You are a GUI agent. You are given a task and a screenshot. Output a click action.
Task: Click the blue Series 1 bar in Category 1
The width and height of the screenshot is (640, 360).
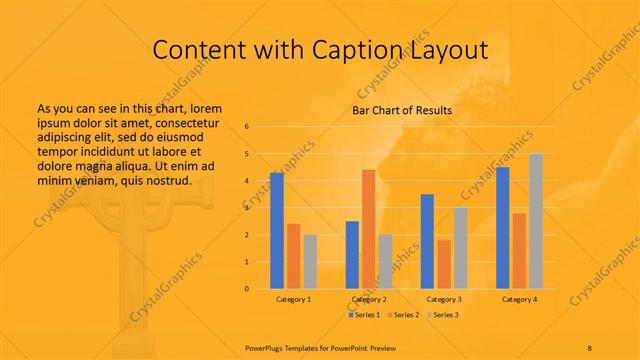tap(277, 230)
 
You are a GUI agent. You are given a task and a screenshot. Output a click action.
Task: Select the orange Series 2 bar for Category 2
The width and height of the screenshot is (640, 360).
tap(368, 229)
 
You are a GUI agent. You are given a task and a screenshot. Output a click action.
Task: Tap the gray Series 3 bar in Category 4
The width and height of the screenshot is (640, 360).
tap(536, 221)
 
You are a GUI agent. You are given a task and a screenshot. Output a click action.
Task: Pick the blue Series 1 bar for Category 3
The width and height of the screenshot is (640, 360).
tap(427, 241)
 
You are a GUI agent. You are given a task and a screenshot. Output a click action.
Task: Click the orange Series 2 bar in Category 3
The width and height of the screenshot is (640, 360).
tap(444, 264)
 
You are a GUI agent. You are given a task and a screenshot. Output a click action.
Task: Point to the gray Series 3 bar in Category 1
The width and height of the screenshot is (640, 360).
tap(310, 261)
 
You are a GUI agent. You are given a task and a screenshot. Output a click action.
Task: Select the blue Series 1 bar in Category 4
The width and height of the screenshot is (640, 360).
tap(502, 228)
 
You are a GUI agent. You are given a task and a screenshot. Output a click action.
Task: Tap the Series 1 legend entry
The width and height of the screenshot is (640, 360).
tap(364, 315)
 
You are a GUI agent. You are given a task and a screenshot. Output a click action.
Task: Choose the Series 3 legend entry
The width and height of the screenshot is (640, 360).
tap(442, 315)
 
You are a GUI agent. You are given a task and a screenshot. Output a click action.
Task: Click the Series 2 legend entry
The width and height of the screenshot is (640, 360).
tap(403, 315)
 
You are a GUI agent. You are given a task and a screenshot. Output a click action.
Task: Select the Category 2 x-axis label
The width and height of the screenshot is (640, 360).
tap(368, 299)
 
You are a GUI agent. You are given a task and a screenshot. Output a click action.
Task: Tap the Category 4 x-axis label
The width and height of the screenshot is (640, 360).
tap(519, 299)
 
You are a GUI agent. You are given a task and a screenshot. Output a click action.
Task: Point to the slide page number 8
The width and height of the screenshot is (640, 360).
tap(590, 346)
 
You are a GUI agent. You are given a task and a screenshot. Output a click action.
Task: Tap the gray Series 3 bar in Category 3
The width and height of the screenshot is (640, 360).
tap(461, 248)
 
